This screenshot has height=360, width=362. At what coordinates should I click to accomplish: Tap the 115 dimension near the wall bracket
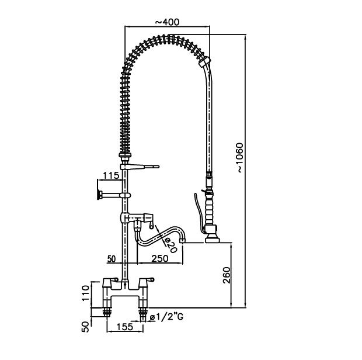pos(110,175)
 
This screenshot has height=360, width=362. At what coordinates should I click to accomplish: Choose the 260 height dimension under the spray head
pos(227,274)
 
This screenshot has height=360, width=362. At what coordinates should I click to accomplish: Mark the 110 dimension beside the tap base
pos(86,292)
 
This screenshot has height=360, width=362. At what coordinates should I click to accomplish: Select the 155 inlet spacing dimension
pos(124,328)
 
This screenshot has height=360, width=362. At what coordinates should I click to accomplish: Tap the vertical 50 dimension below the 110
pos(86,326)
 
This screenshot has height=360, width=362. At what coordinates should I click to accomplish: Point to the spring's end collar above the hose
pos(204,61)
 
